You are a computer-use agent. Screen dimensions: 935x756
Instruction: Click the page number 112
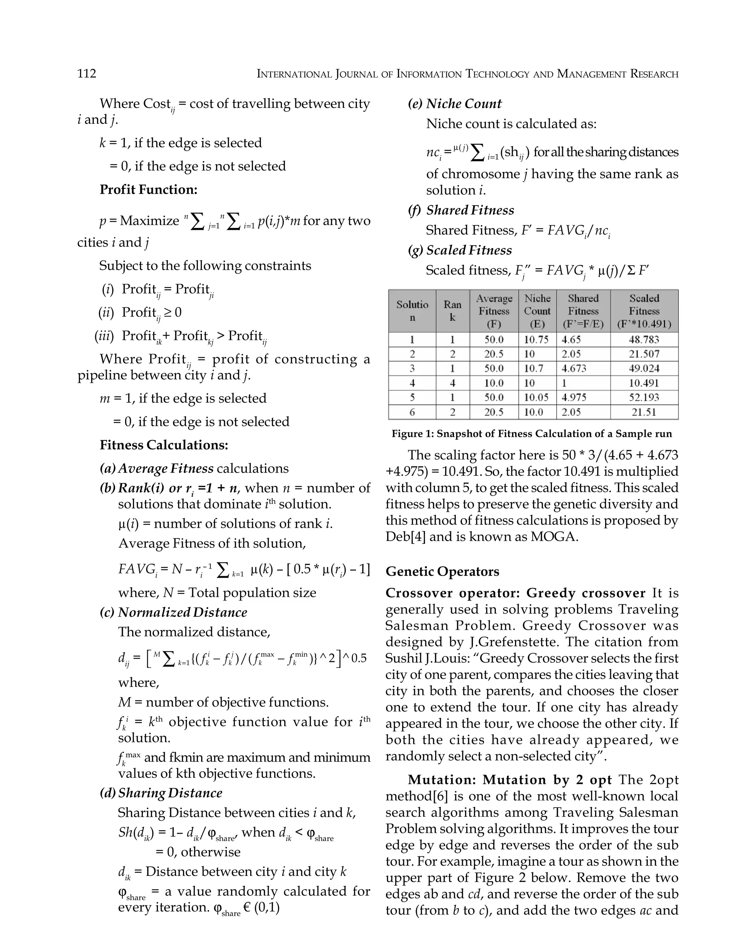point(87,73)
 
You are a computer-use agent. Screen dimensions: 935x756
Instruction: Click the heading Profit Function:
point(148,189)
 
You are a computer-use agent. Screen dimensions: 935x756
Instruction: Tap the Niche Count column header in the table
point(537,311)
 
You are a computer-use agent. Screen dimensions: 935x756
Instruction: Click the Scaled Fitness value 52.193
point(644,397)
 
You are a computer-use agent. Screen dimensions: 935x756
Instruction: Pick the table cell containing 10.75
point(536,340)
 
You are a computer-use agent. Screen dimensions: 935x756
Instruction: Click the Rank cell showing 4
point(453,383)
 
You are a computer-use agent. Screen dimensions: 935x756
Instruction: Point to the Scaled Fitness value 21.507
point(644,354)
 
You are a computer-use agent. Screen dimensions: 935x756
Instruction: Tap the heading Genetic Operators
point(443,571)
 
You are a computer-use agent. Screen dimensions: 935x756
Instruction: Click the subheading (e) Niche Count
point(455,104)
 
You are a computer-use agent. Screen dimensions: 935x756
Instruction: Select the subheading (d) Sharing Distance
point(161,792)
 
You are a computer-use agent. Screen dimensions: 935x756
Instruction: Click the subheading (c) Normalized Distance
point(173,612)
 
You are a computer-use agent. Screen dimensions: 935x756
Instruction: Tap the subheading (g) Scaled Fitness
point(460,250)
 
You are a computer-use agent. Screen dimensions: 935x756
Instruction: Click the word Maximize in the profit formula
point(150,221)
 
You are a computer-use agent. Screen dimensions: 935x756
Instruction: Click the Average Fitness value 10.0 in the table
point(494,383)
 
